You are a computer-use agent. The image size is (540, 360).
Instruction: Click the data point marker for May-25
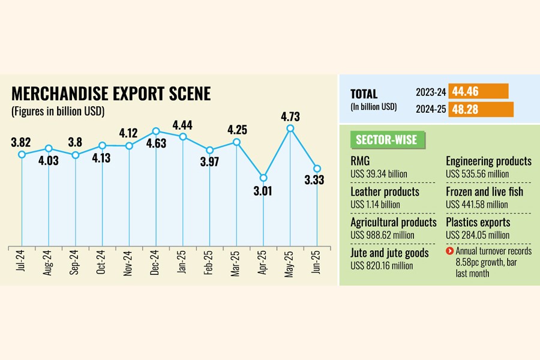pos(290,128)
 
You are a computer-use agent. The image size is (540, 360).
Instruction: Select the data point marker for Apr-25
pos(263,178)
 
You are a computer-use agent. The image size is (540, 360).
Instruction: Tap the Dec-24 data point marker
pos(156,131)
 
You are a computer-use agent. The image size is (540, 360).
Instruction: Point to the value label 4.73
pos(290,116)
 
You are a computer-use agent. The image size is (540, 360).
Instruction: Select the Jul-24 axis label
pos(22,263)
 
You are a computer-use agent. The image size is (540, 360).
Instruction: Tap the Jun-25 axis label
pos(317,263)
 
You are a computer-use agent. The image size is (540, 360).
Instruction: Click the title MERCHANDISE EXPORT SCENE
pos(111,94)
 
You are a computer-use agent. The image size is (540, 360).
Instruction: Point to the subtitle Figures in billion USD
pos(58,111)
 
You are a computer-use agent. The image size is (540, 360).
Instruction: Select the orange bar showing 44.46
pos(478,91)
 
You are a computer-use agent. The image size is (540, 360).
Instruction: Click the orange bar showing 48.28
pos(481,110)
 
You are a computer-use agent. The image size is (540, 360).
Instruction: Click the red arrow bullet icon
pos(449,250)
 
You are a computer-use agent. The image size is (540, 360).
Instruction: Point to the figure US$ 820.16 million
pos(382,265)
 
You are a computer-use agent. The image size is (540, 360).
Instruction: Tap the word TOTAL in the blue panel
pos(364,94)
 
